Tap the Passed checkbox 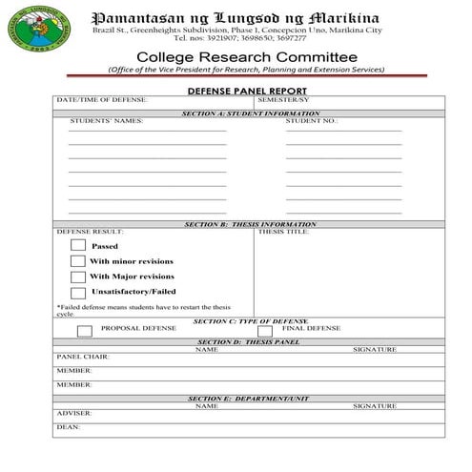tap(78, 245)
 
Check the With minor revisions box tap(78, 260)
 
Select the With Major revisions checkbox tap(78, 277)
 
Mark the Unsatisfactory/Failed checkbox tap(78, 292)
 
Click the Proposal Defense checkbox tap(84, 330)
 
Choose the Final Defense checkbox tap(265, 330)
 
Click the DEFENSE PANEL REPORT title tap(248, 90)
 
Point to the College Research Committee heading tap(247, 57)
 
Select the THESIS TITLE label tap(283, 231)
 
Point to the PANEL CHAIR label tap(83, 356)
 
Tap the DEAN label tap(68, 427)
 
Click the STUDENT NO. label tap(311, 121)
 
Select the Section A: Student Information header tap(251, 113)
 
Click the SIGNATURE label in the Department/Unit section tap(374, 405)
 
